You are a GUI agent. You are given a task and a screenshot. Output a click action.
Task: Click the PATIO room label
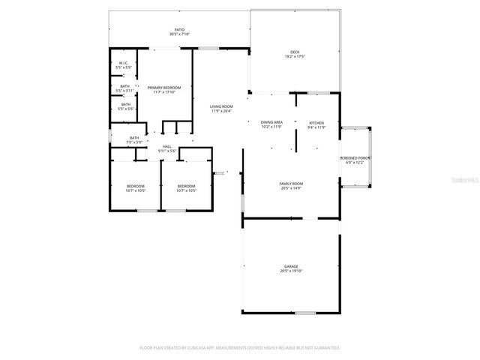(x=179, y=30)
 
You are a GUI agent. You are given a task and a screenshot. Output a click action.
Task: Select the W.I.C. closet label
(x=124, y=63)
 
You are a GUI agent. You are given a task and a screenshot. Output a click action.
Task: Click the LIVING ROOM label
(x=220, y=106)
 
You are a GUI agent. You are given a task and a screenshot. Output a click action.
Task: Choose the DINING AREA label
(x=271, y=122)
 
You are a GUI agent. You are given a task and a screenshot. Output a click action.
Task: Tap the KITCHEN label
(x=316, y=122)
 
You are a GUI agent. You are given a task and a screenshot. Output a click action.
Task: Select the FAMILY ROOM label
(x=290, y=184)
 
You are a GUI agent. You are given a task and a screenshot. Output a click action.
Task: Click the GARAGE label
(x=291, y=266)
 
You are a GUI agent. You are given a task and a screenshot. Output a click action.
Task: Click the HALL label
(x=166, y=146)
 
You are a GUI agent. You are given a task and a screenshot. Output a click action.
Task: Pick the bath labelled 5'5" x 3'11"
(x=124, y=86)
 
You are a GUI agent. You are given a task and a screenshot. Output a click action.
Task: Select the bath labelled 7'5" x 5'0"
(x=134, y=137)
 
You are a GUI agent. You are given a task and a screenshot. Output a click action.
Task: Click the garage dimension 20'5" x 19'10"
(x=291, y=271)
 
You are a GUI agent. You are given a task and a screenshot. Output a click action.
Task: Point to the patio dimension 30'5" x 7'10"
(x=179, y=34)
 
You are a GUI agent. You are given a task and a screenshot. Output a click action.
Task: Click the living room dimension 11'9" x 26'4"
(x=220, y=111)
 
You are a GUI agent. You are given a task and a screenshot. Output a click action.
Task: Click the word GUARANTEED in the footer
(x=324, y=348)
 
